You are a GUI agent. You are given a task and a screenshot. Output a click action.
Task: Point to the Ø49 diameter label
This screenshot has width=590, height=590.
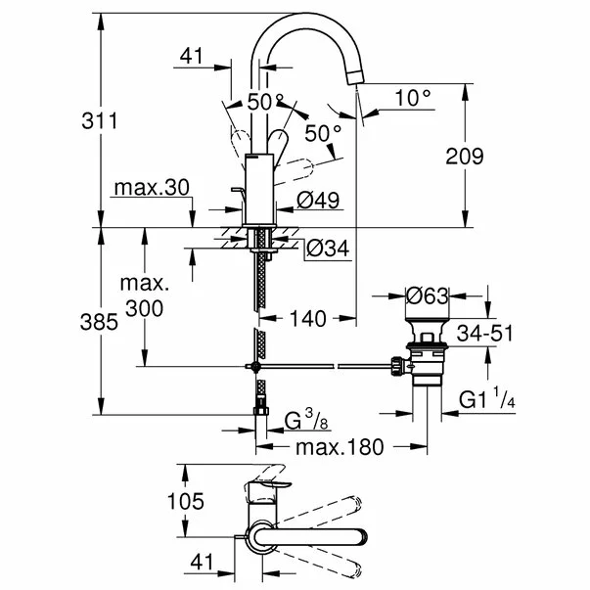pyautogui.click(x=317, y=201)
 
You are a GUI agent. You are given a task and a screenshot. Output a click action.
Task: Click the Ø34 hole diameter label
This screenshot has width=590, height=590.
pyautogui.click(x=327, y=250)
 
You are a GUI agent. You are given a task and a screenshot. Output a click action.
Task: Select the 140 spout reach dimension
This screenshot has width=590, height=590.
pyautogui.click(x=305, y=320)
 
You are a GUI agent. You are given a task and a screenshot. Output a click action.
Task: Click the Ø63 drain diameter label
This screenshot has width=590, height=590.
pyautogui.click(x=426, y=294)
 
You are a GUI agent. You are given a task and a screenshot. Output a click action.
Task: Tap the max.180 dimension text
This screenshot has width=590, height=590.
pyautogui.click(x=340, y=447)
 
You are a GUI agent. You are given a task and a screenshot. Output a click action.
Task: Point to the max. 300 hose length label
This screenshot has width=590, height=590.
pyautogui.click(x=145, y=296)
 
